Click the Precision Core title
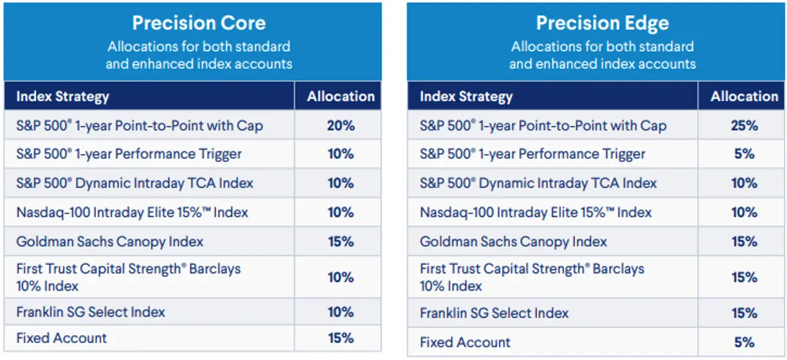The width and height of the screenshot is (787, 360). click(x=199, y=23)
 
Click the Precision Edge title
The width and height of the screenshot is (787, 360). click(x=602, y=23)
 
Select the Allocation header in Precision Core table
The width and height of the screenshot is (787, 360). click(x=340, y=96)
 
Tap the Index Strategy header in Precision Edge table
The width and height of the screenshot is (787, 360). click(x=466, y=97)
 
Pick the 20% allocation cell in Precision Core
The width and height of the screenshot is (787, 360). click(x=340, y=125)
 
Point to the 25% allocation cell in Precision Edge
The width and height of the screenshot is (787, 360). click(x=744, y=125)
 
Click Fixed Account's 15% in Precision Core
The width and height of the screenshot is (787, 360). click(x=340, y=338)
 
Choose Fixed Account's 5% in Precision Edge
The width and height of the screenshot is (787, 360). click(x=744, y=342)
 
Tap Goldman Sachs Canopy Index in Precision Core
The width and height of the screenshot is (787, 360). click(x=110, y=241)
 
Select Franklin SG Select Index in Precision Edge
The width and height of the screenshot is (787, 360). click(x=494, y=313)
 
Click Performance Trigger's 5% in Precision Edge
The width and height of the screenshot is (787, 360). click(x=744, y=154)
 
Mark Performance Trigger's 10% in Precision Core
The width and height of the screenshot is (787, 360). click(x=340, y=154)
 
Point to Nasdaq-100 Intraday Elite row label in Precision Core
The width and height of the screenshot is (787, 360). click(x=132, y=212)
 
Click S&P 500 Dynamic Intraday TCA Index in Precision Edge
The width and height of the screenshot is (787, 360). click(x=538, y=184)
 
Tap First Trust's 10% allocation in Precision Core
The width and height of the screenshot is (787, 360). click(x=340, y=277)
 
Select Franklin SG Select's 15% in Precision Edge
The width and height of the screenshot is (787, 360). click(x=744, y=313)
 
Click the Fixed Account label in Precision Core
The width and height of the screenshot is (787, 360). click(x=61, y=338)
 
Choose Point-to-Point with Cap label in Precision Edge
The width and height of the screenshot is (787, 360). click(x=542, y=126)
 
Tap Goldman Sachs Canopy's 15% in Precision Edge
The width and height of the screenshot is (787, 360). click(x=744, y=241)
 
